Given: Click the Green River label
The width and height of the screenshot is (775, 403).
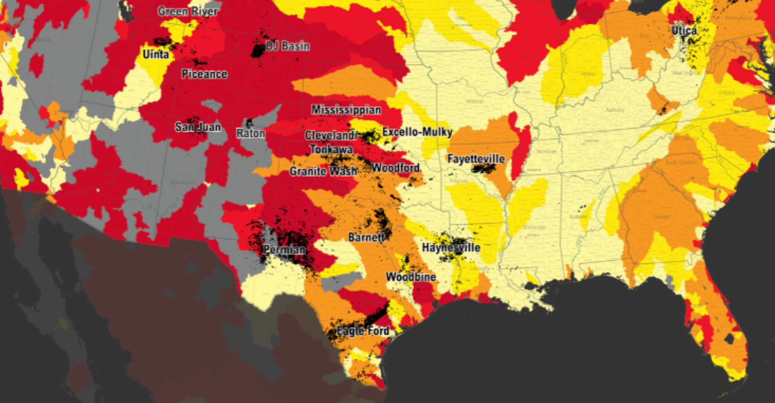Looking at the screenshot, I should click(x=188, y=11).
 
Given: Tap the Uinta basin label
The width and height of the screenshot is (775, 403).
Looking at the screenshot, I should click(x=156, y=54).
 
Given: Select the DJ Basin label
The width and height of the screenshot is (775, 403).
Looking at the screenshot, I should click(x=288, y=46).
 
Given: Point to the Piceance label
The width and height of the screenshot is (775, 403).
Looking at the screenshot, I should click(x=204, y=74).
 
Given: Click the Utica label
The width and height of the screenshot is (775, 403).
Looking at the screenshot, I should click(x=684, y=30).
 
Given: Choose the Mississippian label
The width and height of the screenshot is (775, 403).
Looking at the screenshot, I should click(x=346, y=110).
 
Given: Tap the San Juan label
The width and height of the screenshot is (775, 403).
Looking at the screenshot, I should click(x=198, y=127).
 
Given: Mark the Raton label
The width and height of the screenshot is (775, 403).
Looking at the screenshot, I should click(x=250, y=133).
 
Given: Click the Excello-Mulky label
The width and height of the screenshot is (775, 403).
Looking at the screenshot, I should click(x=417, y=132).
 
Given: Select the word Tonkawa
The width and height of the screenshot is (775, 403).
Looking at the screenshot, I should click(x=331, y=149).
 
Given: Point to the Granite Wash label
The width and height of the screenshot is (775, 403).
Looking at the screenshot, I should click(x=323, y=171).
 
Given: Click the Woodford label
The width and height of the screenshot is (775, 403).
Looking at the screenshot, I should click(x=395, y=168).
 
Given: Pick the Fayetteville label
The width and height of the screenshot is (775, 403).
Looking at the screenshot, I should click(x=476, y=159).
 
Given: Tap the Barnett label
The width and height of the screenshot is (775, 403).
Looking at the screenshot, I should click(x=366, y=237).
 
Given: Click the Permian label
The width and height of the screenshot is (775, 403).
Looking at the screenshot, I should click(x=284, y=250).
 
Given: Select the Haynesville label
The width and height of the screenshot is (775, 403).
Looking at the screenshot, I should click(x=451, y=248).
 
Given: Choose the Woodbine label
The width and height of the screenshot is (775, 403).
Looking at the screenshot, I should click(x=411, y=277).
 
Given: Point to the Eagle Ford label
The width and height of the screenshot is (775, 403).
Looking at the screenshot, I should click(x=363, y=331).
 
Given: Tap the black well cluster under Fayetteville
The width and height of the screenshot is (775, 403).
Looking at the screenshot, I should click(x=483, y=169).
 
